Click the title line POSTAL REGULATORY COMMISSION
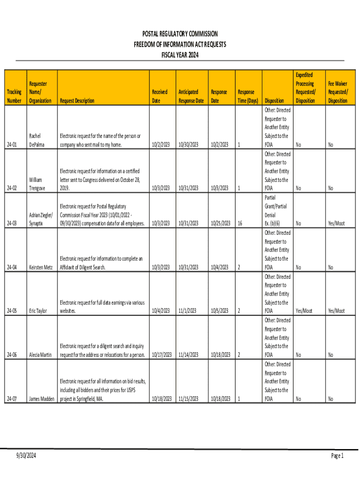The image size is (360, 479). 180,34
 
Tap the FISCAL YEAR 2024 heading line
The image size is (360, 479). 180,55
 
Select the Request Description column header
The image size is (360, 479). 77,101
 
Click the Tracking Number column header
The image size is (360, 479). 14,96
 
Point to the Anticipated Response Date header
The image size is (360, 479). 191,96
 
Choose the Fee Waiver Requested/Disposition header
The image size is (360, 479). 337,92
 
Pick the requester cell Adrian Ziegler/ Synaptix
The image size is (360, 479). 41,219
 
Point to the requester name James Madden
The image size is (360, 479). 41,399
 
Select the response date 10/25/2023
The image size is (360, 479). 221,224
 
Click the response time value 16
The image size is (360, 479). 240,224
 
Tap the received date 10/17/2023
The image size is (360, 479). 161,355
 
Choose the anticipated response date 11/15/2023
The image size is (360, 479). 187,399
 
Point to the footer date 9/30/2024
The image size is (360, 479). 25,457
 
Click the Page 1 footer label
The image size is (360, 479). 337,456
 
